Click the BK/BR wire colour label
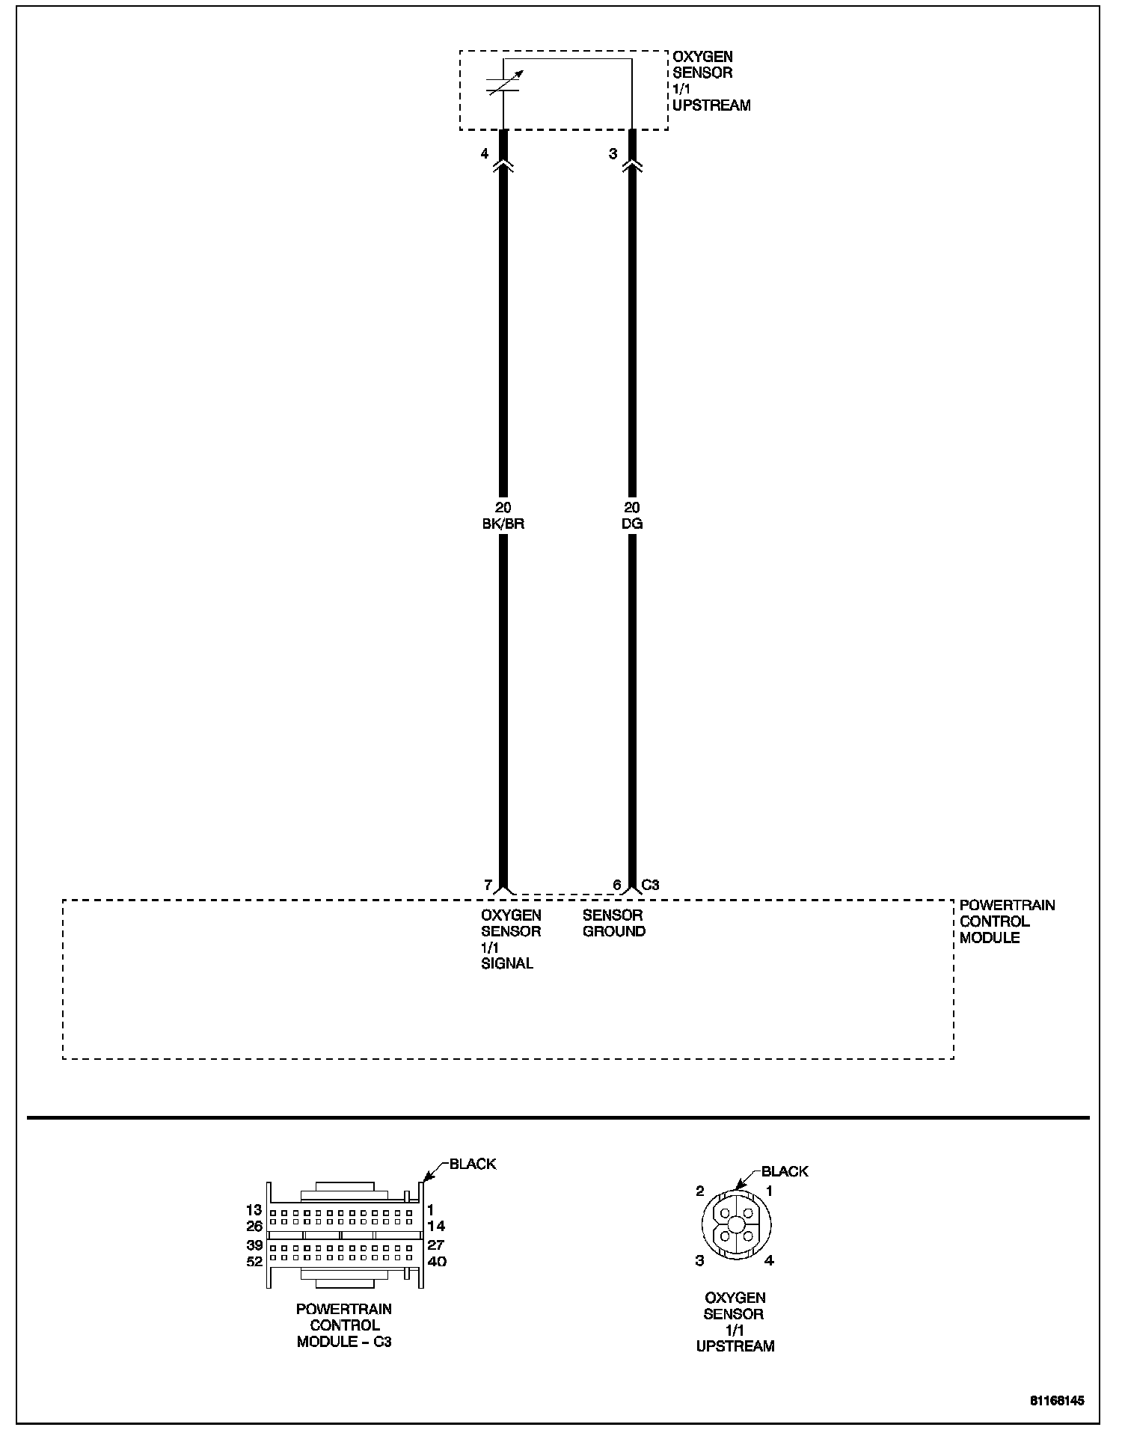[x=503, y=524]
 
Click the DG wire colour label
[x=631, y=524]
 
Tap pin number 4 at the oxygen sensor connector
[x=485, y=154]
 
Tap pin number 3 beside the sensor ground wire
[x=613, y=154]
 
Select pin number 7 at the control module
[x=488, y=885]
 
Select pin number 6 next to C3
[x=616, y=885]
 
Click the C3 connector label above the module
[x=651, y=885]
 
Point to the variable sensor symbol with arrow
[x=504, y=83]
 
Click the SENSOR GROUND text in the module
[x=613, y=923]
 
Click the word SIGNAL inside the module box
[x=507, y=963]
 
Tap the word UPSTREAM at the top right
[x=711, y=105]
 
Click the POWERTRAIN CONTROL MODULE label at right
[x=1007, y=921]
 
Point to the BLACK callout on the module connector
[x=472, y=1164]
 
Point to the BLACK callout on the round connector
[x=784, y=1171]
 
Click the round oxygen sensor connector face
[x=736, y=1224]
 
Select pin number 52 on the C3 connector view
[x=254, y=1262]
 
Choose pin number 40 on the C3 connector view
[x=436, y=1262]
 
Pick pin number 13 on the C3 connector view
[x=254, y=1209]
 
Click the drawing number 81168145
[x=1056, y=1401]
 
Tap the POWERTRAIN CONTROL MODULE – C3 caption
[x=344, y=1325]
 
